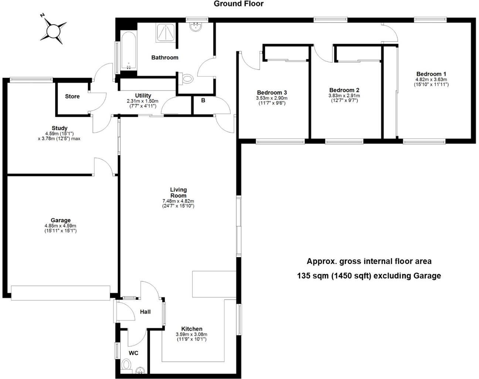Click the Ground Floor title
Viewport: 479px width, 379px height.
238,4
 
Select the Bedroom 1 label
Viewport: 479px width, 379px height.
431,74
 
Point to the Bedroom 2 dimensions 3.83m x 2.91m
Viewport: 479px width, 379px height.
344,95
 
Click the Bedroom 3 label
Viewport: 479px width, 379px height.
272,93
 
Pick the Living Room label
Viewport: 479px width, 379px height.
178,192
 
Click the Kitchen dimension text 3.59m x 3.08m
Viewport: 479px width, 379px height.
191,334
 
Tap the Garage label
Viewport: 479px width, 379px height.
60,220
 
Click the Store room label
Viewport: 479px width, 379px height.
72,96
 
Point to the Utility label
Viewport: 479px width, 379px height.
143,95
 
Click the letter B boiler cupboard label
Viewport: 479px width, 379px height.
203,100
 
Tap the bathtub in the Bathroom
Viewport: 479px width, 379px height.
128,52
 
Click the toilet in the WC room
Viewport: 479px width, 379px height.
126,365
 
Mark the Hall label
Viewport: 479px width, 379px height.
145,312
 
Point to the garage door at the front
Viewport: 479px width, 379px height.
61,292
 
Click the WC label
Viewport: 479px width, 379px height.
133,353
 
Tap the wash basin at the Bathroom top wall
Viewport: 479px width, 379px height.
195,26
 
